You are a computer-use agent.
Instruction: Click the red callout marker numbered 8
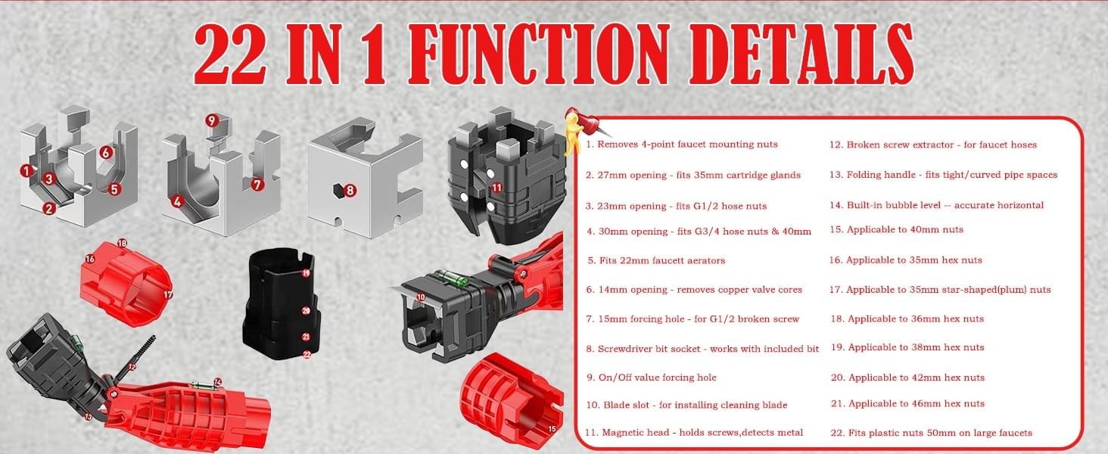350,191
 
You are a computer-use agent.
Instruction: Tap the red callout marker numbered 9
212,120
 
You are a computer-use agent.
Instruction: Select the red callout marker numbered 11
497,188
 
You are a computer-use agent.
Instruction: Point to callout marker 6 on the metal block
105,152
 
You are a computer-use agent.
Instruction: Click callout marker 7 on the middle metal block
257,185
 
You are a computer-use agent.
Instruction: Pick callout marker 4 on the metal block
177,201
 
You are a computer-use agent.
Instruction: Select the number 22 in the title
231,54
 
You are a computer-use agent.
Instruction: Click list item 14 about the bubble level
936,205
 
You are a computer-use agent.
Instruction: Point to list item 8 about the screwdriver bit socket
702,349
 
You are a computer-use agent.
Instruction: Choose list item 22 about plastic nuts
932,433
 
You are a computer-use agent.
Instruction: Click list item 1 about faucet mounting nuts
682,145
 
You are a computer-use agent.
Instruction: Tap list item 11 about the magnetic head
694,432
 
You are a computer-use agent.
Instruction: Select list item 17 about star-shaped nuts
940,290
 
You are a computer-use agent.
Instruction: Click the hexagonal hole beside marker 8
338,191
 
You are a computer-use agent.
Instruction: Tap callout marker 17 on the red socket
168,295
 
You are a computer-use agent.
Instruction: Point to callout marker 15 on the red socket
552,429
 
